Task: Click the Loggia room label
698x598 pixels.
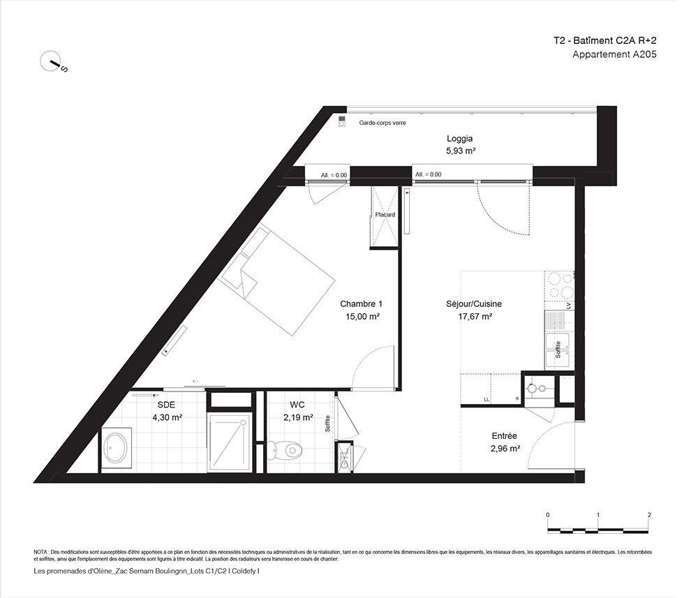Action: [459, 138]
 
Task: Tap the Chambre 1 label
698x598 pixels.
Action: [361, 304]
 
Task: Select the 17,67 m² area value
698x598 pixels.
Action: [475, 316]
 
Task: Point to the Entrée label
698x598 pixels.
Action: [505, 436]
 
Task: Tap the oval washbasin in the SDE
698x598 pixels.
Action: [117, 449]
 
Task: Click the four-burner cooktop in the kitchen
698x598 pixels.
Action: [560, 285]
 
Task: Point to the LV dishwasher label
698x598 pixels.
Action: [568, 306]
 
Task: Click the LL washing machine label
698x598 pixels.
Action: [487, 400]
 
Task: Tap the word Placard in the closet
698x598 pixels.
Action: [385, 214]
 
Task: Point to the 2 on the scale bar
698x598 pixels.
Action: [649, 515]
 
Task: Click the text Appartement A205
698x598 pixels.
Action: [614, 54]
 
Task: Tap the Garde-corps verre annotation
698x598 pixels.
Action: [383, 123]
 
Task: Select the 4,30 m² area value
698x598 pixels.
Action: [167, 417]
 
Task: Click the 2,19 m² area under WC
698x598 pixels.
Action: [298, 417]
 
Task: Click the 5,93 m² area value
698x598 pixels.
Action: [461, 151]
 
